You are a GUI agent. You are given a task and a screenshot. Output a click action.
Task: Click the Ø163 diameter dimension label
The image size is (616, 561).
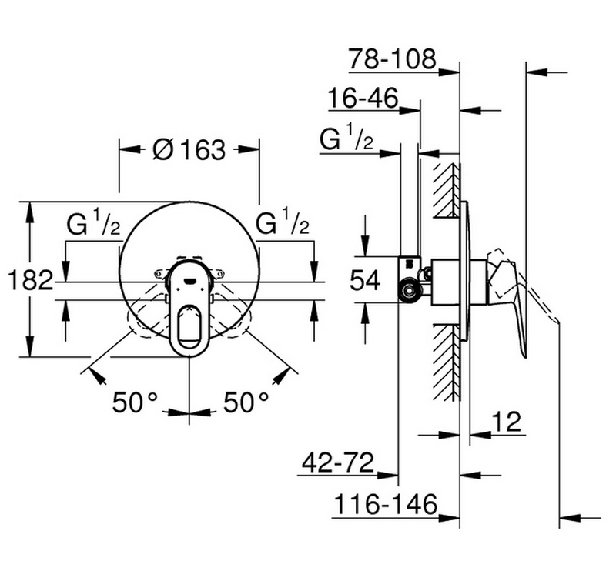point(189,149)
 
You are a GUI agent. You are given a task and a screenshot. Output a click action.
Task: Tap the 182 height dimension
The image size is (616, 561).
point(30,280)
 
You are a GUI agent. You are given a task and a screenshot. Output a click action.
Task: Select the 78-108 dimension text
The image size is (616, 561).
point(393,59)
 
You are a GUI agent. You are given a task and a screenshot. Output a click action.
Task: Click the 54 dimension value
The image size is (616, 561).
point(365,280)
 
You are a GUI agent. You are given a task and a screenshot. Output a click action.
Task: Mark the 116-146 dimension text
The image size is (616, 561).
point(386,504)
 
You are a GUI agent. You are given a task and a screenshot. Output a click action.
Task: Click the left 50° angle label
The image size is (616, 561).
point(135,402)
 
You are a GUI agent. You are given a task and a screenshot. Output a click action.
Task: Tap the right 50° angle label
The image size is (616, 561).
point(246,402)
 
